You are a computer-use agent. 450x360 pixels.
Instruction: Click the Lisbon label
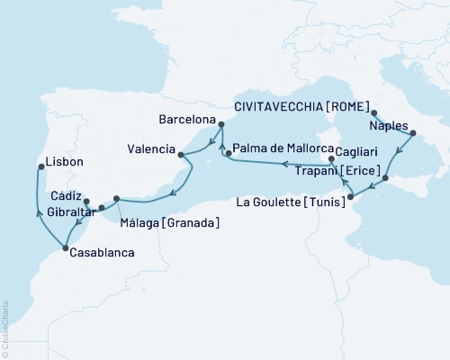coord(66,162)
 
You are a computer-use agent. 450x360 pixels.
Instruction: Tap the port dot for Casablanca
coord(65,248)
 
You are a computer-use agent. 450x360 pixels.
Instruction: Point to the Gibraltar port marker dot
coord(102,208)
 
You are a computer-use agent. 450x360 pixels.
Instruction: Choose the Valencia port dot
coord(182,155)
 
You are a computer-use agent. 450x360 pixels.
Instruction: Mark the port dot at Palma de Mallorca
coord(229,154)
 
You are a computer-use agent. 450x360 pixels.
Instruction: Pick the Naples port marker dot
coord(413,133)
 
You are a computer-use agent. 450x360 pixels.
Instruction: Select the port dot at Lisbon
coord(40,166)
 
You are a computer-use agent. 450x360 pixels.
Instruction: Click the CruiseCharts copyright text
coord(5,329)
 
